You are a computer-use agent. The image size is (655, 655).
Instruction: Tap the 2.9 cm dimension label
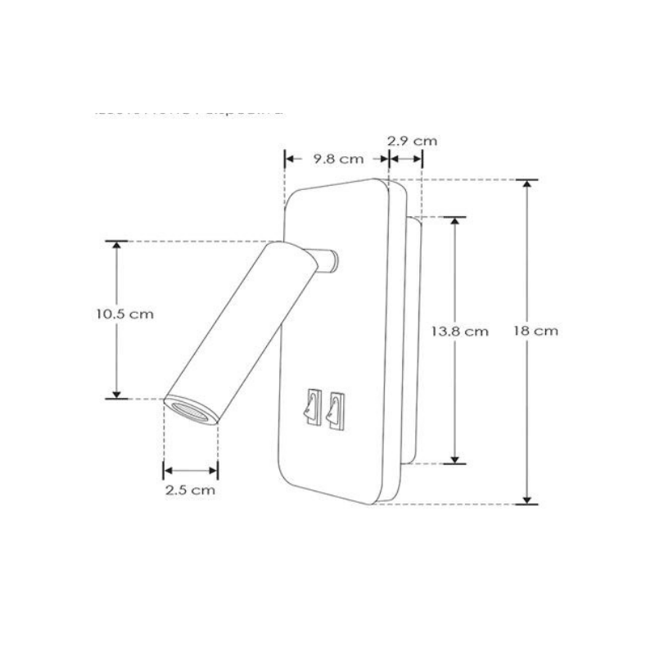(x=412, y=140)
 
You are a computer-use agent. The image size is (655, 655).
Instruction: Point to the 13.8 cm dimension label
(x=459, y=331)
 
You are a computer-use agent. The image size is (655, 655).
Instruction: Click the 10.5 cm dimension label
(x=124, y=314)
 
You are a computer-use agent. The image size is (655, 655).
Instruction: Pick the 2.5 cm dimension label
(x=190, y=490)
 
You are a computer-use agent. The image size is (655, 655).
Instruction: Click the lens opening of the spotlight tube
(x=190, y=411)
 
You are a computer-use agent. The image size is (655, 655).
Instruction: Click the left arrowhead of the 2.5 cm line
(x=168, y=470)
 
